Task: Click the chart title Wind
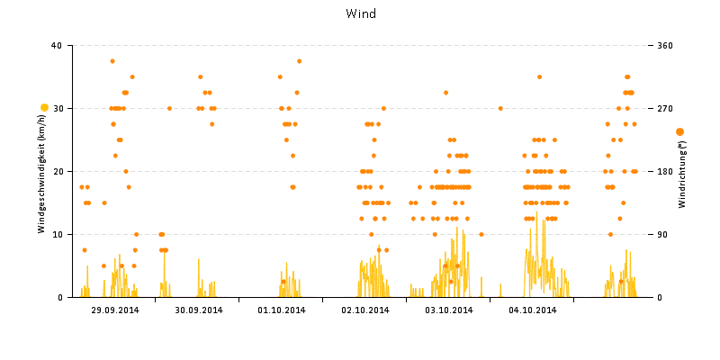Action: [360, 13]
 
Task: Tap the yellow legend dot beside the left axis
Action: [44, 107]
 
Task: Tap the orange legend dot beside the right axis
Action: [679, 131]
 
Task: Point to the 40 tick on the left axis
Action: [57, 45]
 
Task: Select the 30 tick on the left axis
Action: [57, 108]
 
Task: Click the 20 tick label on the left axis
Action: [57, 171]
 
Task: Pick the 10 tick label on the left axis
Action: [57, 234]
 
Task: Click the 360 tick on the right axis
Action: [665, 45]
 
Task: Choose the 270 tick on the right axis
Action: [665, 108]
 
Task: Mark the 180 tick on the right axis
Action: [665, 171]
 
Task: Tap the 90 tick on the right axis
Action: [662, 234]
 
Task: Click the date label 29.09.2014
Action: [114, 310]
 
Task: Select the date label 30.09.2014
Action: [198, 310]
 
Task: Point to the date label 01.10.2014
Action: [282, 310]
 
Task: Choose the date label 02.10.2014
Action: [364, 310]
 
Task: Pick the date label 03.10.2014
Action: [448, 310]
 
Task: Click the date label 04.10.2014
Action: [532, 310]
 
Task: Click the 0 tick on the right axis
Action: [660, 297]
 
